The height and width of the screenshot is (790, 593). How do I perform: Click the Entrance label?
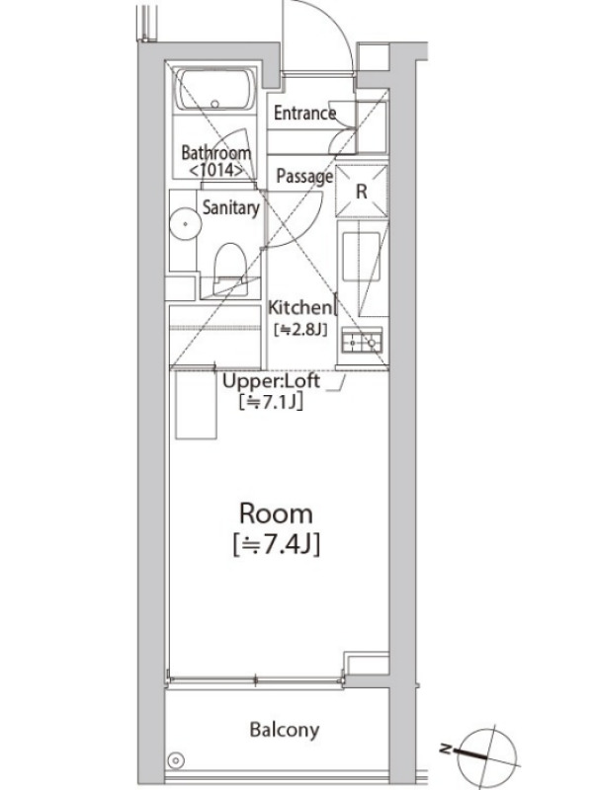pos(304,113)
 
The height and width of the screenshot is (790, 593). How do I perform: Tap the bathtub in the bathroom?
pos(214,89)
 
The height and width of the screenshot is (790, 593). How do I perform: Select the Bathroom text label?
pos(215,152)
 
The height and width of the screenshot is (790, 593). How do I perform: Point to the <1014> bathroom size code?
pos(215,170)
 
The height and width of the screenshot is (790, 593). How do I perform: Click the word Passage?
pos(304,177)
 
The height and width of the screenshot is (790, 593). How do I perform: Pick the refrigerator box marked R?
pos(362,191)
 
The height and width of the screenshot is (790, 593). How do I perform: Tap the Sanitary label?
pos(231,207)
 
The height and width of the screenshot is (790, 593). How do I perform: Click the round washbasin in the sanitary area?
pos(185,224)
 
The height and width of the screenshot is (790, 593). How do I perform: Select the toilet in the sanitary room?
pos(230,269)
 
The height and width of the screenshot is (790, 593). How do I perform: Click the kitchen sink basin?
pos(361,257)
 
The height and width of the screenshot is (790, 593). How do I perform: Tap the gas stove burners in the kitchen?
pos(362,341)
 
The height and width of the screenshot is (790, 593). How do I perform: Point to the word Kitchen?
pos(300,307)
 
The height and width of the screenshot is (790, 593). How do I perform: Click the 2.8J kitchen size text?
pos(300,330)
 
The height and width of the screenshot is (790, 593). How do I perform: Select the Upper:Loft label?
pos(271,381)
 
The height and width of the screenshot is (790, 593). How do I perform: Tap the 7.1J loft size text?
pos(271,402)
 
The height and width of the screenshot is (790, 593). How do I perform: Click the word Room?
pos(276,513)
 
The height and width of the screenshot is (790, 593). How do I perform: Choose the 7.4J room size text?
pos(277,545)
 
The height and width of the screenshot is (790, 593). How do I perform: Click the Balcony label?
pos(285,730)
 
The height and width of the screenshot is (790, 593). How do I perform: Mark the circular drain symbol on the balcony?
pos(176,759)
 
